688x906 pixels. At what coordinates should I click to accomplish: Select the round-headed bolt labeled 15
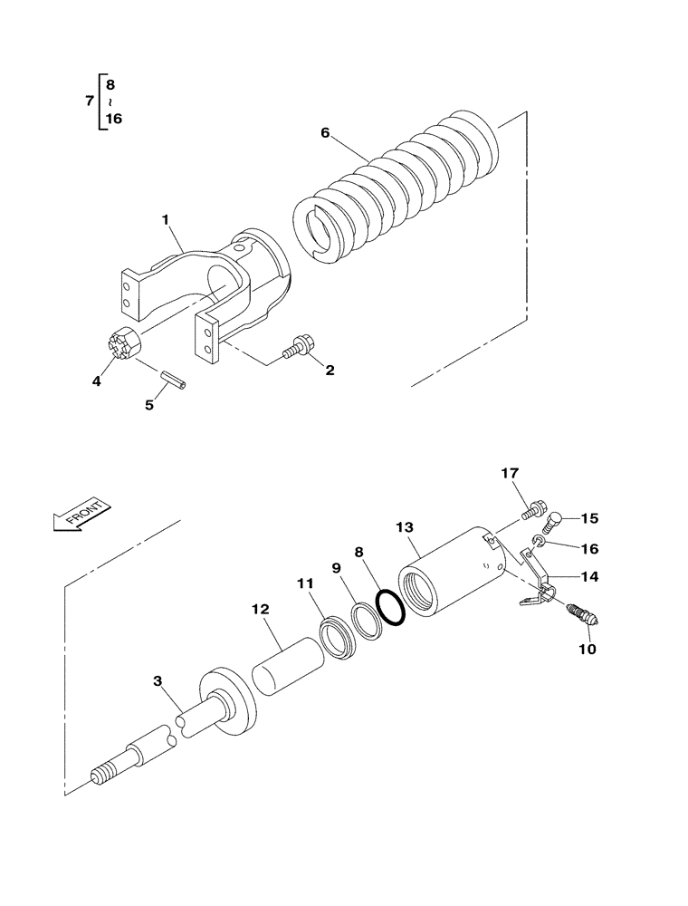click(554, 521)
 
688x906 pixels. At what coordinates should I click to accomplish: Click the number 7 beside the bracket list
click(88, 101)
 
